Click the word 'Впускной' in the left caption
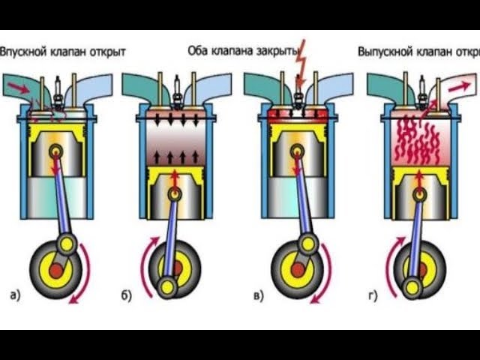pos(24,52)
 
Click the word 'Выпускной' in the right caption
pos(385,52)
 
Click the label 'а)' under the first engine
pos(15,294)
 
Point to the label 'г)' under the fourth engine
pos(373,295)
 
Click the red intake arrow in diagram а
pos(22,89)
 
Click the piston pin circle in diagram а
pos(56,152)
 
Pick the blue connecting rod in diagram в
pos(303,199)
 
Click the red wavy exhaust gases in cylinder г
pos(417,139)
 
